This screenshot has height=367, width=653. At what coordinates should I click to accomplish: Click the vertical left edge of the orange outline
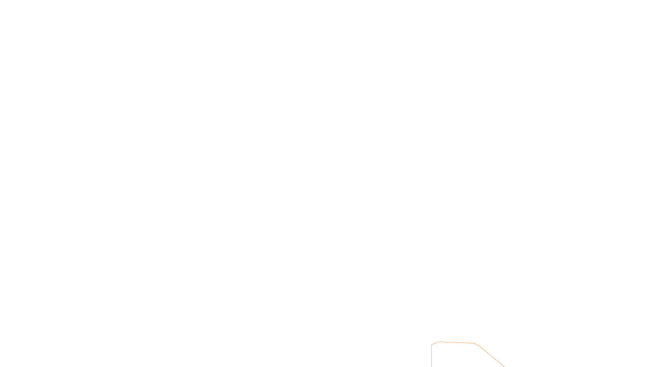(x=431, y=356)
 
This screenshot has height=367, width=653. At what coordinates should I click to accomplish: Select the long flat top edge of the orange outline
(x=456, y=343)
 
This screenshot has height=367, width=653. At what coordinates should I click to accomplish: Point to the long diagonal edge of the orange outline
(x=491, y=356)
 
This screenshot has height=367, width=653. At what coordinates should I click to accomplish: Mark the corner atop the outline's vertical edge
(x=431, y=345)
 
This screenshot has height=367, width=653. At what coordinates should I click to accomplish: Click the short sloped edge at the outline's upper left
(x=435, y=343)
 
